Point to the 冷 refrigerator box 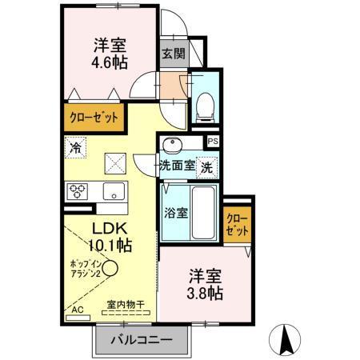75,148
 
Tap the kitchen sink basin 112,192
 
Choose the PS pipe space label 212,142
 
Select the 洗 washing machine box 206,168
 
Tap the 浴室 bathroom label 175,214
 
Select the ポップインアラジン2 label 85,268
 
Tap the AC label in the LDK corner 78,310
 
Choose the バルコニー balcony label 146,340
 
